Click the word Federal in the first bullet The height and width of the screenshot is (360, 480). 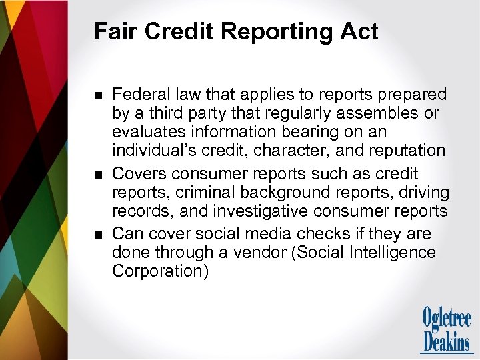click(142, 95)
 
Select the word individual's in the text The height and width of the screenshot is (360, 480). click(151, 151)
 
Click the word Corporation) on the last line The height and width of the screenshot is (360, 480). click(160, 271)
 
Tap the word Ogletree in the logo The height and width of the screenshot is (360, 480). click(446, 317)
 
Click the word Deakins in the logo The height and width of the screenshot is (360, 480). click(446, 341)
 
